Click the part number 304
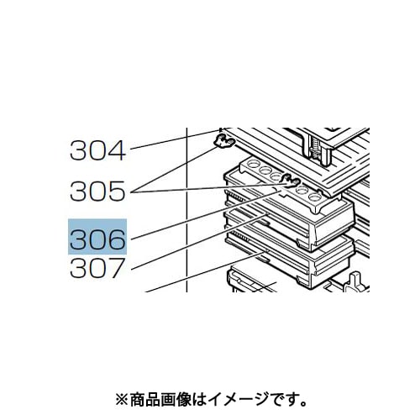97,150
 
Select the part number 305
97,191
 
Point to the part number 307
97,268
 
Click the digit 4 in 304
116,150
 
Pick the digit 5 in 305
116,191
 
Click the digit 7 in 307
117,268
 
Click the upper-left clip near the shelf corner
224,141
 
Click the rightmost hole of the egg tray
315,197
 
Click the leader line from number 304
175,139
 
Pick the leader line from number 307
200,241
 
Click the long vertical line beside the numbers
186,210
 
